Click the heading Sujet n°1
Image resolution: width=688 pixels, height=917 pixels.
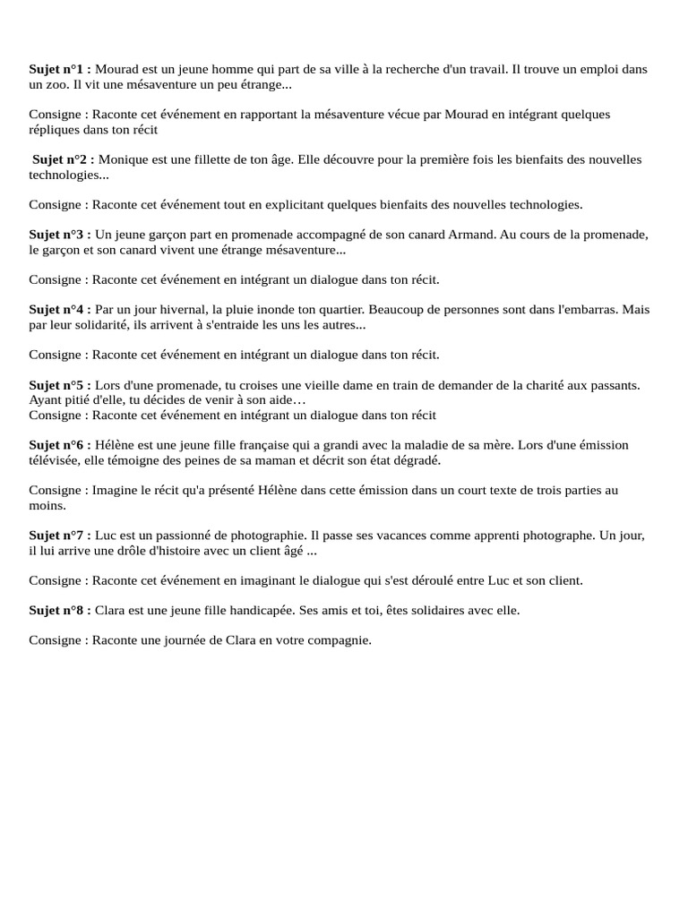pyautogui.click(x=59, y=69)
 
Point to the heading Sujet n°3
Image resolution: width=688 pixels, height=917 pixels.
pyautogui.click(x=59, y=235)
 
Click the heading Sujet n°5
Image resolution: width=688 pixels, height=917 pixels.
pyautogui.click(x=59, y=385)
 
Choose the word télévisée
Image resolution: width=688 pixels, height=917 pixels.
pyautogui.click(x=56, y=460)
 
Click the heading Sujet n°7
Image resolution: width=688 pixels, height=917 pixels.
pyautogui.click(x=59, y=536)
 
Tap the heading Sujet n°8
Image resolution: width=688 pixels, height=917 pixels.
pyautogui.click(x=59, y=610)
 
